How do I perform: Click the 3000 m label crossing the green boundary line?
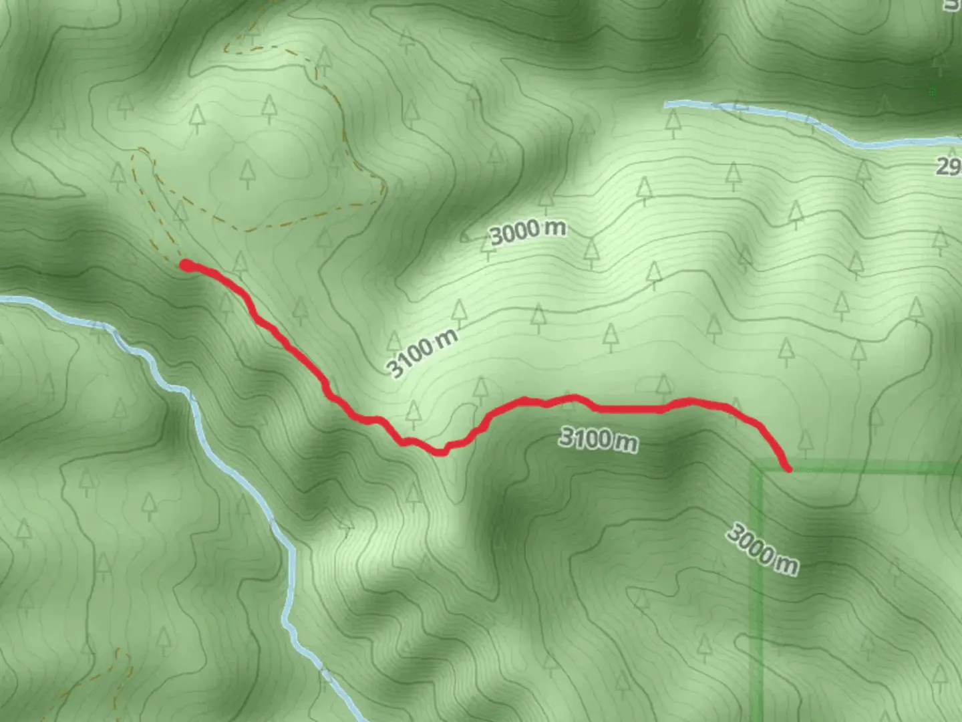(762, 550)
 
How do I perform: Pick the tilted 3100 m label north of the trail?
(423, 353)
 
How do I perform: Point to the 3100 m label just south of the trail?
(598, 439)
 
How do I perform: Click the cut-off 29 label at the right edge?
(949, 166)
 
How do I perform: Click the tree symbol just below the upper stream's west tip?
(673, 123)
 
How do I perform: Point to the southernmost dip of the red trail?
(440, 453)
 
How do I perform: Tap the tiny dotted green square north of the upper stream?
(933, 91)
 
